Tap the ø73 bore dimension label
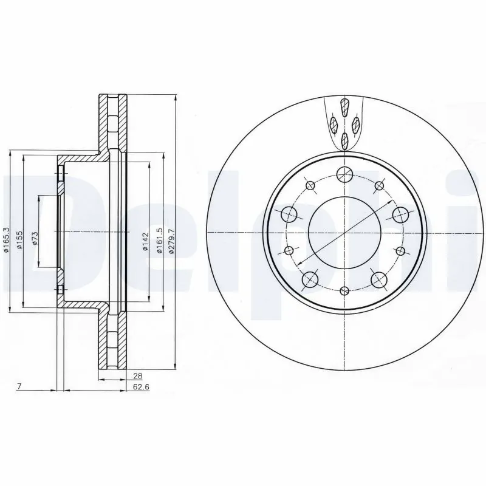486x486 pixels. click(x=35, y=238)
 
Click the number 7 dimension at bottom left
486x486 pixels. click(x=19, y=386)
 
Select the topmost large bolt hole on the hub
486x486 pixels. click(x=344, y=174)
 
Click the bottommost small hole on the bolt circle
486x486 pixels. click(x=344, y=290)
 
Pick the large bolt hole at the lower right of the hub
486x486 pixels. click(x=378, y=279)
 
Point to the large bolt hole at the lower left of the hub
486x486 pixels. click(x=310, y=279)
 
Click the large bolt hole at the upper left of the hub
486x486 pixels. click(x=288, y=214)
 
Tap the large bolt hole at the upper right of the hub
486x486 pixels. click(x=400, y=214)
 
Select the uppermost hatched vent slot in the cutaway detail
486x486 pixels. click(x=345, y=108)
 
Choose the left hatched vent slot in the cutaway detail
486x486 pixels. click(x=334, y=125)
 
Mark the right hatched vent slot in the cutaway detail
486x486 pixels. click(x=356, y=125)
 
